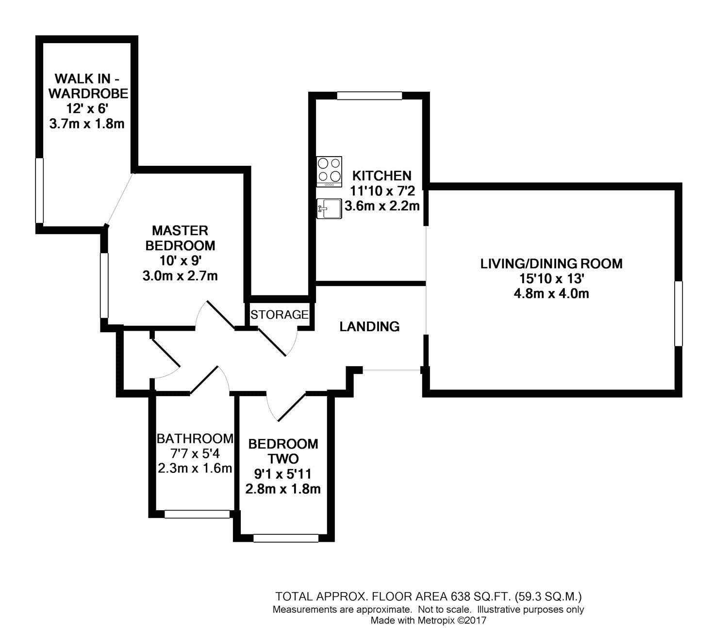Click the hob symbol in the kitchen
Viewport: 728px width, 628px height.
329,171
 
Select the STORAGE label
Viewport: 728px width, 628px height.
280,315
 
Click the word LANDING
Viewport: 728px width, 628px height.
369,327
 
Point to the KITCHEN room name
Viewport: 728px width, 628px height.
381,176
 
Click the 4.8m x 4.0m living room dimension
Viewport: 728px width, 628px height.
551,293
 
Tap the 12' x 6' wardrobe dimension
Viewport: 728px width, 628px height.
87,109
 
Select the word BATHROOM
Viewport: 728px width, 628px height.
194,439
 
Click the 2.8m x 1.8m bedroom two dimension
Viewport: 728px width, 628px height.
283,489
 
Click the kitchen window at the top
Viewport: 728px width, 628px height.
370,96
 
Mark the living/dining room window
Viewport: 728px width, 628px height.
678,313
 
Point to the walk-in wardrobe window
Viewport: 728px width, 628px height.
40,191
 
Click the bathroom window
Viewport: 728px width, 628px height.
197,514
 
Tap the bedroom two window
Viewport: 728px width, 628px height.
286,538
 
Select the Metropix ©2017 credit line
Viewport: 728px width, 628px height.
428,620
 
